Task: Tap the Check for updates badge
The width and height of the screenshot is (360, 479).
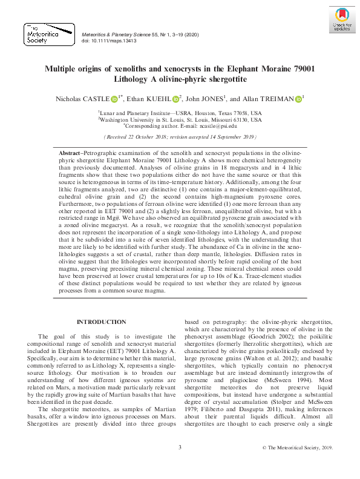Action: (342, 20)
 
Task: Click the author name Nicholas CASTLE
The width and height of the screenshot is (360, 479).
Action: (81, 99)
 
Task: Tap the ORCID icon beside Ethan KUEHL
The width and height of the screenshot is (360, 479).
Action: (175, 99)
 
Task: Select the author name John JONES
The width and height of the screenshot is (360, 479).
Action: (205, 99)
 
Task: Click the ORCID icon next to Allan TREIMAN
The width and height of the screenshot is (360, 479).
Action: (298, 99)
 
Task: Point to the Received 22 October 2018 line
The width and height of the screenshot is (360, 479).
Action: (180, 137)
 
